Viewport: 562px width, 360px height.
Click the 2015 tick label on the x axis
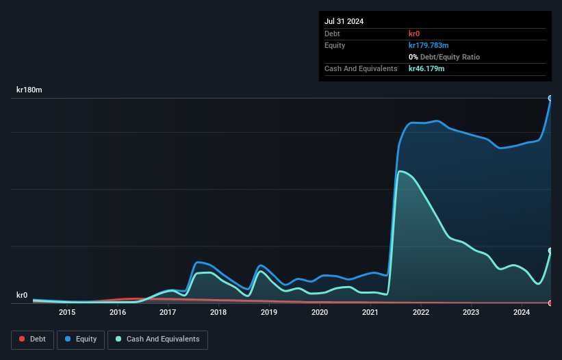67,313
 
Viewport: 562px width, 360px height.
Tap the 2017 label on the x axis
168,313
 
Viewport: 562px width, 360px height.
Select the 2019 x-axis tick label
269,313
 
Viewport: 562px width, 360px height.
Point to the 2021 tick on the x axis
370,313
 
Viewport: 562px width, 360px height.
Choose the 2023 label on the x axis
471,313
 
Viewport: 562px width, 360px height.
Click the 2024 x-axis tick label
522,313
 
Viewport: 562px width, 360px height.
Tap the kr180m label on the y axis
29,90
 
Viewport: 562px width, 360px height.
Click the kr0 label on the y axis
22,296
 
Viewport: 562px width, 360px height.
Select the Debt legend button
32,339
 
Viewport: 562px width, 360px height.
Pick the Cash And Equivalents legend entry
157,339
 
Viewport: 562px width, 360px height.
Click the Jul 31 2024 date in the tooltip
344,21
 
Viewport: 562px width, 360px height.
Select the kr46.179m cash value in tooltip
426,69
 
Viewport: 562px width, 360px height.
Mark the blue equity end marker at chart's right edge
550,99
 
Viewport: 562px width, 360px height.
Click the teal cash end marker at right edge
550,250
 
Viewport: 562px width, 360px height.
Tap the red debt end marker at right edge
550,303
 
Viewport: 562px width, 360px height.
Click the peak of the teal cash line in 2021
399,171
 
